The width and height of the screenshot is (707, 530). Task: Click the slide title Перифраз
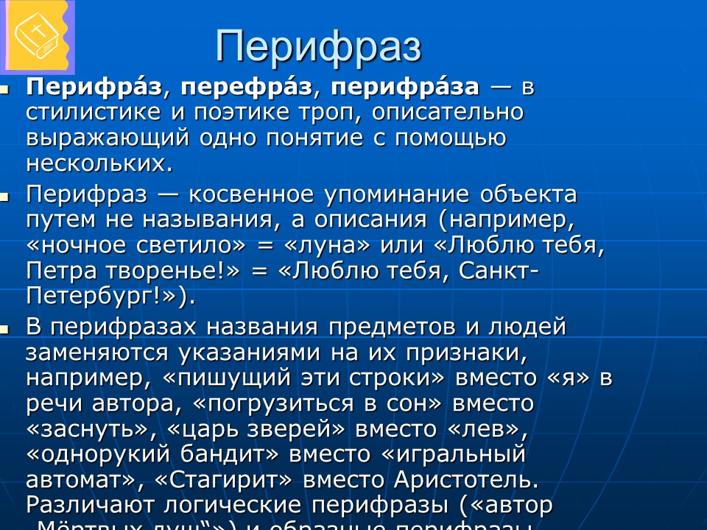[x=318, y=46]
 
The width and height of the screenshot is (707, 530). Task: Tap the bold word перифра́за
[x=404, y=88]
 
